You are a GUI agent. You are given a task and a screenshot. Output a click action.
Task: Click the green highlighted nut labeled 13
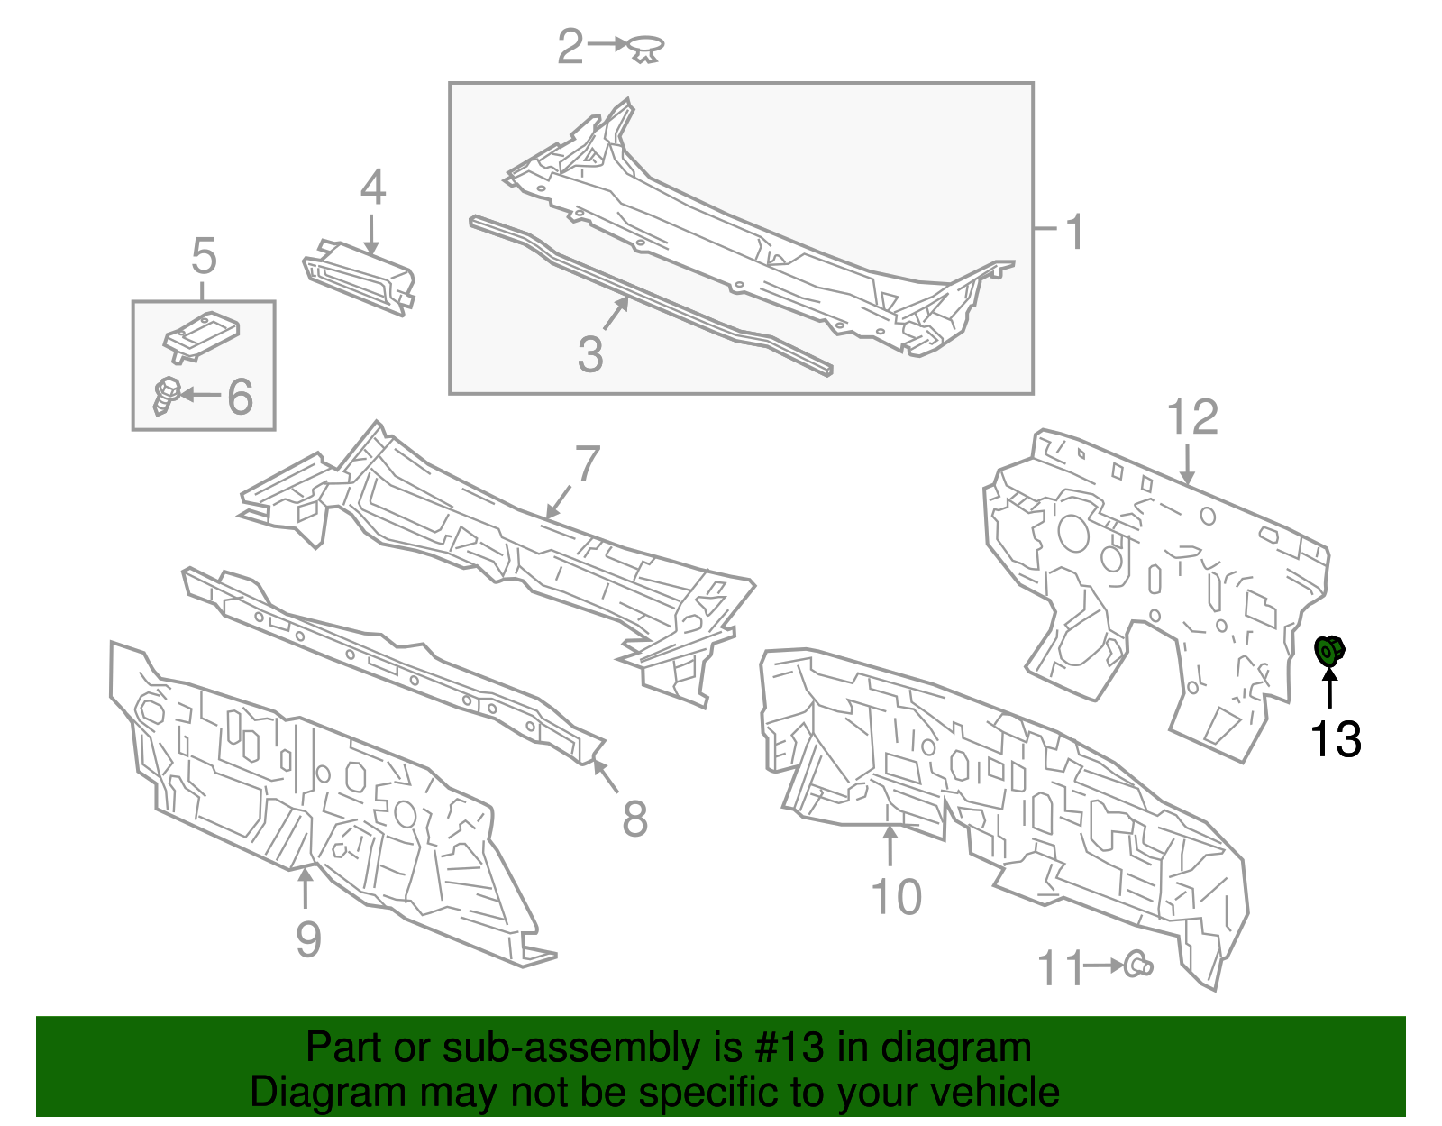coord(1330,649)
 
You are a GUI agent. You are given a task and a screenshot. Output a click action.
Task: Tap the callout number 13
coord(1335,739)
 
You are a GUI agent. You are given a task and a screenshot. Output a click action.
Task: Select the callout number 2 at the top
coord(570,46)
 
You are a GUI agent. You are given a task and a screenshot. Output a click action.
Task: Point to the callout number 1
coord(1074,232)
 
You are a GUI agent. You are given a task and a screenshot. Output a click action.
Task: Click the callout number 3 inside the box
coord(590,353)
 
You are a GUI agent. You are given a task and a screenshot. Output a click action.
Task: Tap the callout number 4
coord(373,188)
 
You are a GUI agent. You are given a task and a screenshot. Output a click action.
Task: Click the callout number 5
coord(205,256)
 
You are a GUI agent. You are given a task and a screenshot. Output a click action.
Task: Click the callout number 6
coord(240,397)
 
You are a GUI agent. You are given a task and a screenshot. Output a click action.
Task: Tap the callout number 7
coord(588,463)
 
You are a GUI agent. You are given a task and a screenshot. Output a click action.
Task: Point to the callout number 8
coord(635,819)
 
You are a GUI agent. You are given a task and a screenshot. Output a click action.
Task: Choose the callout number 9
coord(308,939)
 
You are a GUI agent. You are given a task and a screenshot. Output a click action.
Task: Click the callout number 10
coord(897,897)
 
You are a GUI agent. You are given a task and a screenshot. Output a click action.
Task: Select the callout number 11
coord(1060,969)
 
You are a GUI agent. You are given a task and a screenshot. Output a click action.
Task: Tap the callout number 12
coord(1192,417)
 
